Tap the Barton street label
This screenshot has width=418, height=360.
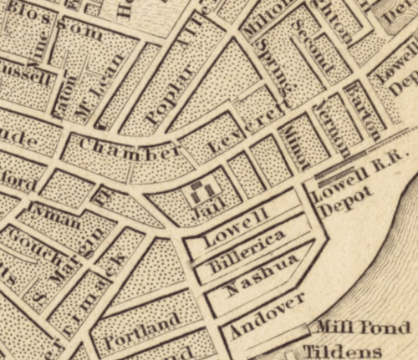tap(363, 109)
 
